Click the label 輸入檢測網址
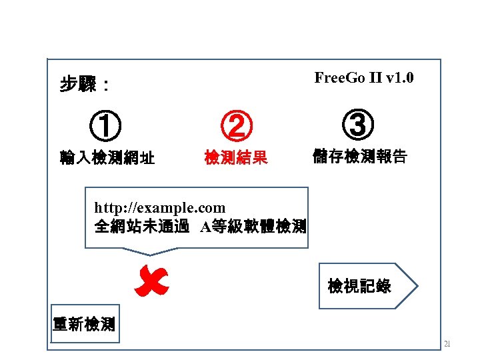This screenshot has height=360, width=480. [x=107, y=159]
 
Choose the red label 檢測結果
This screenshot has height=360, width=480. [x=236, y=158]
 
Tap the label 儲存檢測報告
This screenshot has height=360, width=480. [x=360, y=158]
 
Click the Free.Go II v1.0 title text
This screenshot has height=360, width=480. [x=363, y=78]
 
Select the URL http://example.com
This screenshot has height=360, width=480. [x=160, y=209]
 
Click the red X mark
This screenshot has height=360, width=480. [x=151, y=281]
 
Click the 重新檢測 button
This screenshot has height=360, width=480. [x=85, y=325]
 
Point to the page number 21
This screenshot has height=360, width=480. [x=447, y=345]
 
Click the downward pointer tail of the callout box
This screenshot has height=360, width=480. [x=150, y=251]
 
